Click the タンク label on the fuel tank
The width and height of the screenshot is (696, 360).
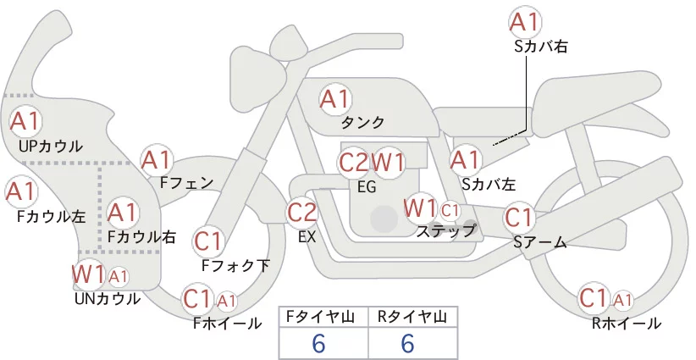[362, 123]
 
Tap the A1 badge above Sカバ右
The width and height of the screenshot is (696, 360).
[526, 22]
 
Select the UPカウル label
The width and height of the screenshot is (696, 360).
[51, 147]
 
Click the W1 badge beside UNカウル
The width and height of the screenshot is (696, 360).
[89, 274]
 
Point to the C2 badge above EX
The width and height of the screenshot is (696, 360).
[302, 212]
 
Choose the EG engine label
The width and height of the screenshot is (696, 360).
[367, 187]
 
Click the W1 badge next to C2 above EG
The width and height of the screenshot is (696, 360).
[388, 163]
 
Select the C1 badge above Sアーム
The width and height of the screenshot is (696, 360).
[518, 218]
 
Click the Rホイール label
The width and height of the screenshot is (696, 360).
[627, 324]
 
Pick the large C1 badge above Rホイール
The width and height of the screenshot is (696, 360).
[594, 298]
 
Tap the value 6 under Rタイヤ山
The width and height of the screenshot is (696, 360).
[407, 343]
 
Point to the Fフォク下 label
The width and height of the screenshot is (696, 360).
[235, 265]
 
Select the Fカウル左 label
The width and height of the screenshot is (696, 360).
[51, 217]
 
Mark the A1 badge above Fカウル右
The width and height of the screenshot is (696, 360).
[122, 213]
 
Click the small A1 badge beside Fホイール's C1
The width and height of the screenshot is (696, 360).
[226, 302]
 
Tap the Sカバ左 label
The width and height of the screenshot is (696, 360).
[489, 184]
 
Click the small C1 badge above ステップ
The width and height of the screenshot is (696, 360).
[450, 211]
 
